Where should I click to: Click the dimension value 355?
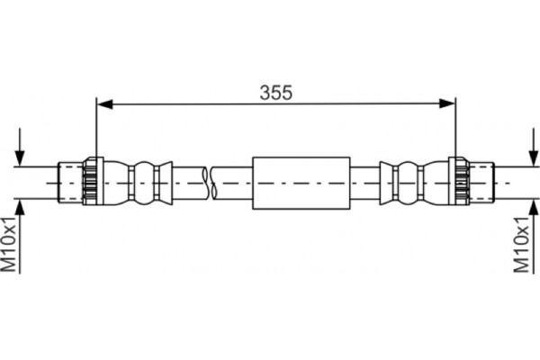[275, 91]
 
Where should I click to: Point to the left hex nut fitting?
[91, 181]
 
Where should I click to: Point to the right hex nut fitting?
[459, 181]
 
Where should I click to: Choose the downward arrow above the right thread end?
[527, 148]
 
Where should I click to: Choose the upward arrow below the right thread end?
[527, 211]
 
